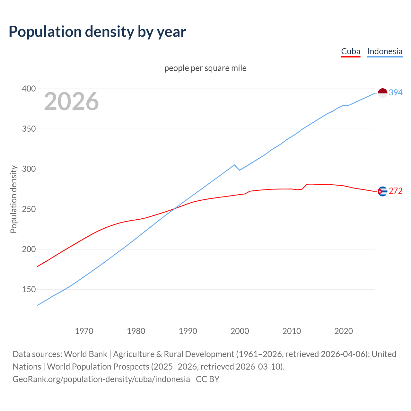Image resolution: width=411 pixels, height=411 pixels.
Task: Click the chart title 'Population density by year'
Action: tap(97, 31)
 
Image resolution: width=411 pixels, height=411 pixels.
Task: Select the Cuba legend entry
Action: tap(351, 51)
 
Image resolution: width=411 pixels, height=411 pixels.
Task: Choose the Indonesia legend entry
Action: tap(385, 51)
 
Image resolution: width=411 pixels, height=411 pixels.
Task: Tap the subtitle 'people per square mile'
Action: tap(205, 68)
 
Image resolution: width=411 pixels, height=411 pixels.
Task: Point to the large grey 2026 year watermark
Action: tap(71, 101)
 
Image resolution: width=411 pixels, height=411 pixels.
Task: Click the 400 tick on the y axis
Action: tap(29, 89)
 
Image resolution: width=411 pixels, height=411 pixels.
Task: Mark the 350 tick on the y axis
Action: tap(29, 129)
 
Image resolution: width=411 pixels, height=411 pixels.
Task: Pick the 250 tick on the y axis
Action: tap(29, 209)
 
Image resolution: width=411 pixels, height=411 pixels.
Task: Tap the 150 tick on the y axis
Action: tap(29, 289)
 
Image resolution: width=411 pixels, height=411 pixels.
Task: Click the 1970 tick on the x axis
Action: tap(84, 331)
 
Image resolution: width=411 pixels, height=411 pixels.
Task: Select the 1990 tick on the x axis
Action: tap(188, 331)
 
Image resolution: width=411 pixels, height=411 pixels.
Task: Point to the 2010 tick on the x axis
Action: tap(292, 331)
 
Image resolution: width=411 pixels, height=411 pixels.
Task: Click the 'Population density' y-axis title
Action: tap(13, 199)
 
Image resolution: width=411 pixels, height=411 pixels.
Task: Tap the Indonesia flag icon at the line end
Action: tap(382, 93)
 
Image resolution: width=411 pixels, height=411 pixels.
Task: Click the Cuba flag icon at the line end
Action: tap(382, 191)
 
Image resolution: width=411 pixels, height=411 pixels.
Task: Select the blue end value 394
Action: tap(396, 92)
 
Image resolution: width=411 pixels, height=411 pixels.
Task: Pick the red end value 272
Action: tap(396, 191)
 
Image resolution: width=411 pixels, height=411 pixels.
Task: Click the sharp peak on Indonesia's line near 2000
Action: tap(234, 165)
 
